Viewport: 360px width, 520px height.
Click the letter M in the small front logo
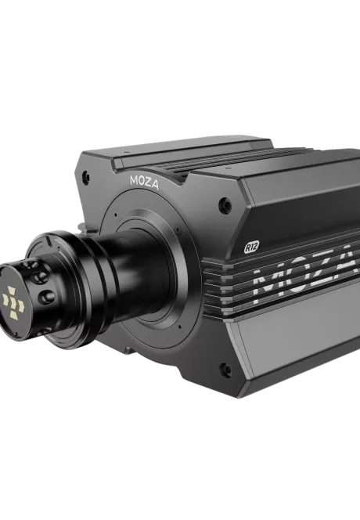click(134, 179)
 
